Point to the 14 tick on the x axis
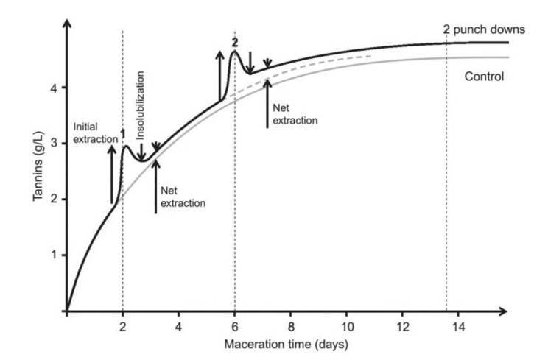tap(458, 325)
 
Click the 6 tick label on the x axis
tap(234, 325)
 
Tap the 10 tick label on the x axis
tap(346, 325)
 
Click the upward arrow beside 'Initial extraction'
tap(112, 174)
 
